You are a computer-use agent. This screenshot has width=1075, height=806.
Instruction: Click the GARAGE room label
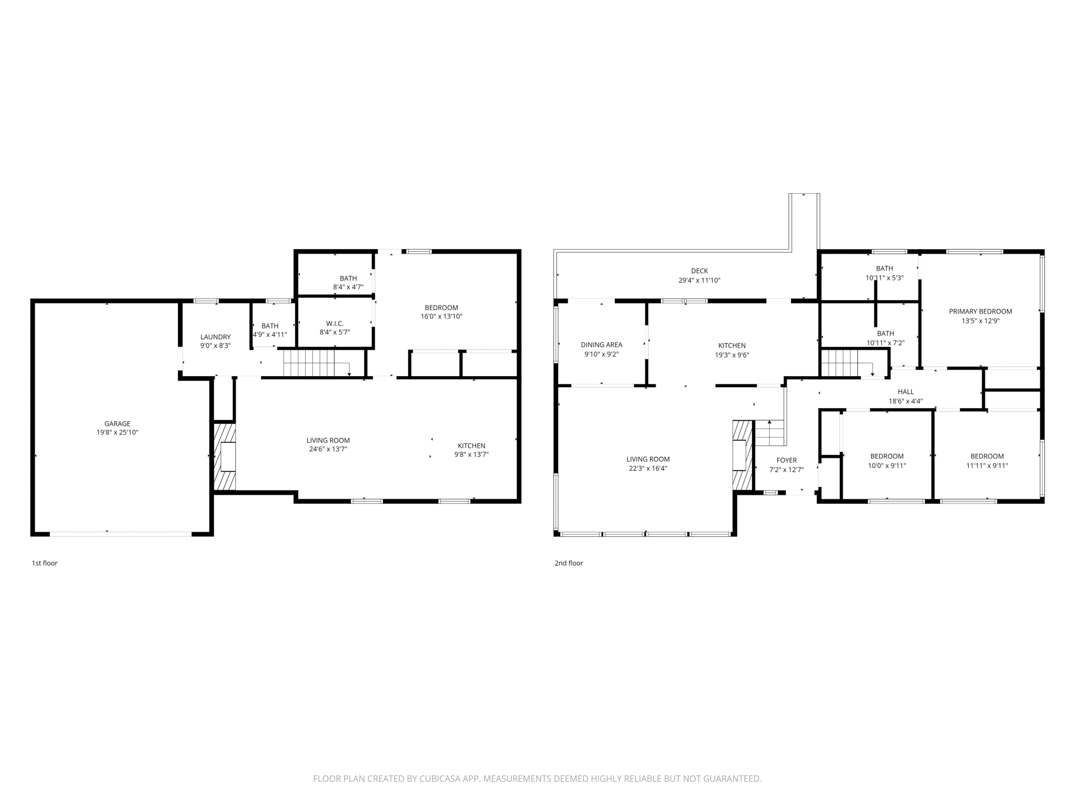(117, 424)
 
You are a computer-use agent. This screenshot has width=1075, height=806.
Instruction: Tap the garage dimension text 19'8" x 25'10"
(117, 433)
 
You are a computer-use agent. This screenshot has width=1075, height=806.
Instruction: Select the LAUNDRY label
(216, 337)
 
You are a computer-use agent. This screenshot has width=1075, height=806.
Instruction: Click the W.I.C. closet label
(335, 324)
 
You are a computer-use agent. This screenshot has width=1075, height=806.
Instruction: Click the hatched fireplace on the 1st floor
(225, 457)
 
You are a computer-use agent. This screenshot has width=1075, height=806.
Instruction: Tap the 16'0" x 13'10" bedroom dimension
(441, 316)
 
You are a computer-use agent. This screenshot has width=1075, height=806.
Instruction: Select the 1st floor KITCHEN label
(471, 446)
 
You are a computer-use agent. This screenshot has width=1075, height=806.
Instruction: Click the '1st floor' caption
(44, 563)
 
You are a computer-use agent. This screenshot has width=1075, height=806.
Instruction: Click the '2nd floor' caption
(569, 563)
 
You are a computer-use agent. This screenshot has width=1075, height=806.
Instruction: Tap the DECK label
(699, 271)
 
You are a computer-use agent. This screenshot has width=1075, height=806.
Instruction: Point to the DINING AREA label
(601, 345)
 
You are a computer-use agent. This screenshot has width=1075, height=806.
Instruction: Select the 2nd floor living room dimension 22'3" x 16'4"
(648, 468)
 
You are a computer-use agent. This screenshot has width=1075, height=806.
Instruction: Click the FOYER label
(786, 461)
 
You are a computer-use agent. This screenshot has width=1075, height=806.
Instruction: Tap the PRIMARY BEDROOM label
(980, 312)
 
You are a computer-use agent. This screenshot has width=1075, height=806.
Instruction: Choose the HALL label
(905, 392)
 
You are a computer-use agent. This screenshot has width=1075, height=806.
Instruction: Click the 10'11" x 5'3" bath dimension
(885, 278)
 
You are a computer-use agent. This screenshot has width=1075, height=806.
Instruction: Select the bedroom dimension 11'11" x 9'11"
(987, 465)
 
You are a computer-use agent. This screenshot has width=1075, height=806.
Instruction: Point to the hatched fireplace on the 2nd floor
(742, 456)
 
